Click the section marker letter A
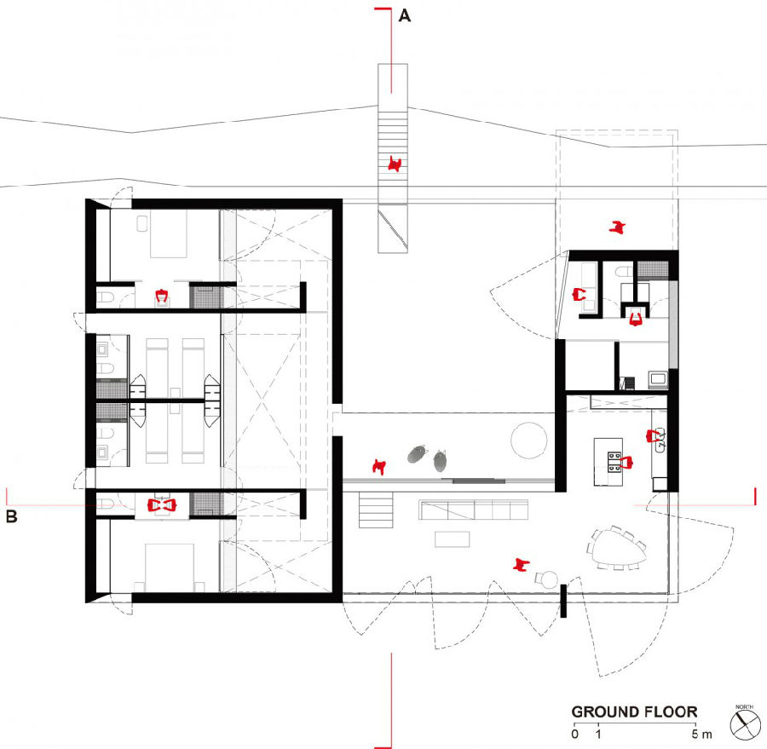(x=405, y=15)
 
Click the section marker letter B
(x=11, y=516)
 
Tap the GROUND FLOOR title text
(x=634, y=712)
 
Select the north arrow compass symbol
(x=746, y=724)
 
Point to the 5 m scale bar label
(x=701, y=734)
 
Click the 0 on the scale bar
(x=574, y=734)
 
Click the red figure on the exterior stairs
(x=395, y=164)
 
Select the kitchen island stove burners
(x=614, y=462)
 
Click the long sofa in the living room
(x=474, y=510)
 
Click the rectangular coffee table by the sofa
(x=452, y=539)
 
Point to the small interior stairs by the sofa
(x=376, y=510)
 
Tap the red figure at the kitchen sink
(x=653, y=435)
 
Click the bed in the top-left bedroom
(x=168, y=233)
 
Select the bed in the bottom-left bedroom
(x=170, y=568)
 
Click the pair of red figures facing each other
(x=162, y=505)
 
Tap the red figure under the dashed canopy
(x=618, y=227)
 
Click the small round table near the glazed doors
(x=550, y=579)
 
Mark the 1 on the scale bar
(x=598, y=734)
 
